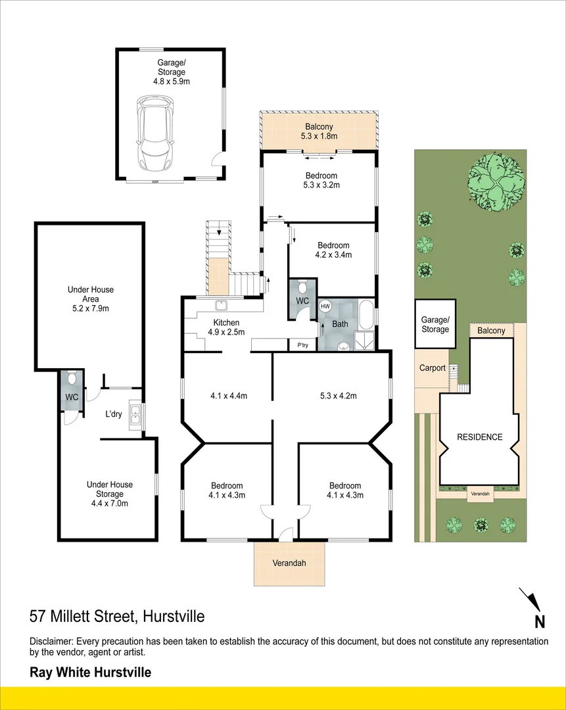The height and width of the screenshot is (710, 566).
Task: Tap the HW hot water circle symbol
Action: [325, 306]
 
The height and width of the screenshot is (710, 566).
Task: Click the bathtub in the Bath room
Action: [366, 314]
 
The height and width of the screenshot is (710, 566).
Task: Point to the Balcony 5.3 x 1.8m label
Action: [319, 131]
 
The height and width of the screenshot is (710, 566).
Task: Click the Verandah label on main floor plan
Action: [289, 563]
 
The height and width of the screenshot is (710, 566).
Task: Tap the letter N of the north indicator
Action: [539, 621]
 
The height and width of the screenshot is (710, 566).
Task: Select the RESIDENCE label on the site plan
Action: [480, 437]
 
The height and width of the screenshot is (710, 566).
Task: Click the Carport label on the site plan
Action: [433, 368]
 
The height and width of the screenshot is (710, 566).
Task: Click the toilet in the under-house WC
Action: [72, 379]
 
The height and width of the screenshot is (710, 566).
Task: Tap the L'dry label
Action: [114, 415]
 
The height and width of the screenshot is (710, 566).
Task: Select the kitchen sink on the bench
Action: [222, 305]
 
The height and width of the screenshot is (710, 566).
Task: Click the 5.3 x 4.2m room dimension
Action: [338, 396]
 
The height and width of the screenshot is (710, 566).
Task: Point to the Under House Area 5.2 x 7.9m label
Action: [90, 298]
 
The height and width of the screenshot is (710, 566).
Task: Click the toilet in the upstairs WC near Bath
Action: [302, 287]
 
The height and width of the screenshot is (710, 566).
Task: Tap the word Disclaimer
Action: [51, 642]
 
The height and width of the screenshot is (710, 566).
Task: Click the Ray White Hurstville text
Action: [91, 673]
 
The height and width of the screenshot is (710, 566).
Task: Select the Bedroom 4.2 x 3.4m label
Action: [333, 250]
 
